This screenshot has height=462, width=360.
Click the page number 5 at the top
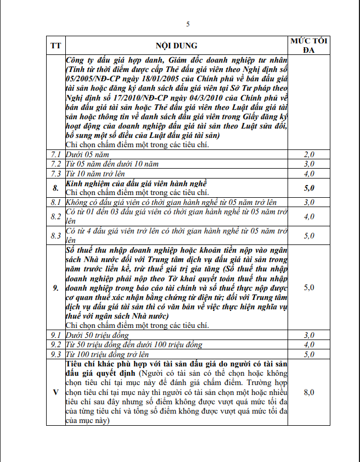188,24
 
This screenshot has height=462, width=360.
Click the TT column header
56,45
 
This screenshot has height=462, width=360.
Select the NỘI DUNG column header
177,45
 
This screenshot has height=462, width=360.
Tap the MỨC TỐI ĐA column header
309,45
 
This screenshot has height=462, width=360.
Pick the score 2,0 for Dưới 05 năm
309,154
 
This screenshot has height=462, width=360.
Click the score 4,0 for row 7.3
309,174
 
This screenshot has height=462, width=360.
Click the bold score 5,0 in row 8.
309,188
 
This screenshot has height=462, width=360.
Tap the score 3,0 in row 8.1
309,202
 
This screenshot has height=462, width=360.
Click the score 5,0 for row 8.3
309,236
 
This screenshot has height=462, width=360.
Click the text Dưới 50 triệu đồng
97,335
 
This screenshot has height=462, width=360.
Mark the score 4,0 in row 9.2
309,344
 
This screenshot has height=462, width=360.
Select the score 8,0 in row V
309,392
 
